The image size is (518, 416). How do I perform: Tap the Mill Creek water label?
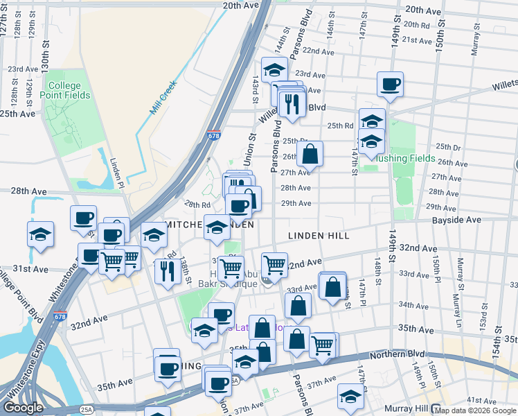point(164,98)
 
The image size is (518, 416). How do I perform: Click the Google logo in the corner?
point(23,408)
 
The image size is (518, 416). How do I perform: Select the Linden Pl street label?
point(116,173)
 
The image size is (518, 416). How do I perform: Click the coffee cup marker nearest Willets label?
point(390,84)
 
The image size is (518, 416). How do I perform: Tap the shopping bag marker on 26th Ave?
point(310,153)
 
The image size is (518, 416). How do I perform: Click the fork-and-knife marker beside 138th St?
point(166,270)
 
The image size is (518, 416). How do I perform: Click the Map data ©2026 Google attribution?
point(475,410)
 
